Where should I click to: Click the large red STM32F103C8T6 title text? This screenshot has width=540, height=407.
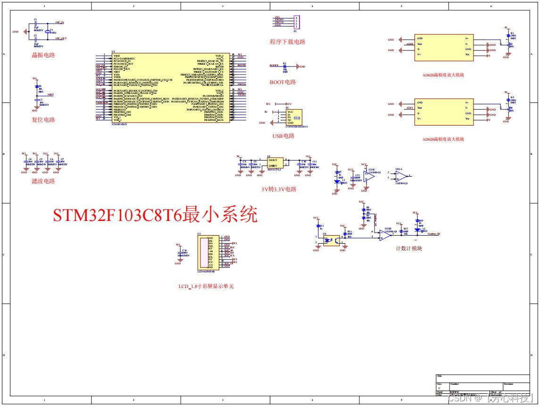click(155, 215)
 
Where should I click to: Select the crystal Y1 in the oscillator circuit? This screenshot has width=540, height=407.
click(47, 31)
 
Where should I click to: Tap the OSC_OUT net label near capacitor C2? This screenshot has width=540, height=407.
click(61, 38)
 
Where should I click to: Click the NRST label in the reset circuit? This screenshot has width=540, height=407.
click(50, 94)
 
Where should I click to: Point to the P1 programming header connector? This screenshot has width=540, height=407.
click(296, 22)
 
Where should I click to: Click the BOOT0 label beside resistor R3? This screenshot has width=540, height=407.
click(274, 66)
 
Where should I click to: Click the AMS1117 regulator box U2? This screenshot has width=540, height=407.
click(275, 163)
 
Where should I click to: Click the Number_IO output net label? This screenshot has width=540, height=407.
click(433, 234)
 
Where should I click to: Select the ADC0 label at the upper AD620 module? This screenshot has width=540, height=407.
click(409, 44)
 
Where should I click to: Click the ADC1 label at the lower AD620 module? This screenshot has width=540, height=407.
click(409, 108)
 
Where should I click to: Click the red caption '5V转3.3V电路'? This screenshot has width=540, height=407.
click(279, 189)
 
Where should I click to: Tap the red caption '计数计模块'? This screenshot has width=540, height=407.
click(408, 248)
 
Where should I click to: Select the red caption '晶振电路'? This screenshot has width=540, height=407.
click(43, 55)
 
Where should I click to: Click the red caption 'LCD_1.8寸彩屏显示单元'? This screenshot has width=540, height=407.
click(206, 286)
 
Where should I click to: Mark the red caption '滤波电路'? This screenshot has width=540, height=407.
click(43, 181)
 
